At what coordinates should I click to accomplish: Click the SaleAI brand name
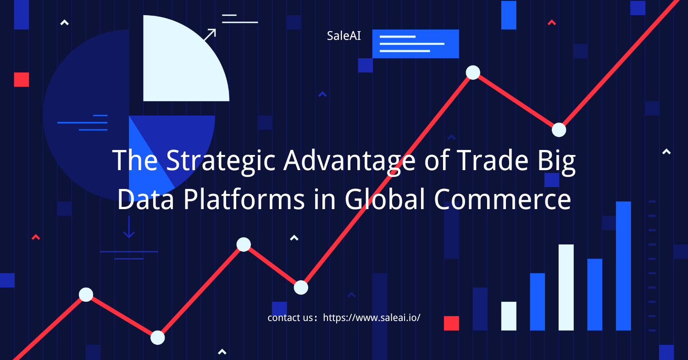click(344, 36)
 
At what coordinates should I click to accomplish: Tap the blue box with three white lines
click(416, 44)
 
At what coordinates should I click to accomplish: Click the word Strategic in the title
click(221, 161)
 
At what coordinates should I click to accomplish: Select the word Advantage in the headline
click(349, 161)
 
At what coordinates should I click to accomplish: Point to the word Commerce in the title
click(502, 199)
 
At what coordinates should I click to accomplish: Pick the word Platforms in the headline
click(244, 199)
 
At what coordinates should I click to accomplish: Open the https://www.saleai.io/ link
click(372, 318)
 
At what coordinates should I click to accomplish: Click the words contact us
click(290, 318)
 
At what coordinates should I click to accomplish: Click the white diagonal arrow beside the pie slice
click(210, 35)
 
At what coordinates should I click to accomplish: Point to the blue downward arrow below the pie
click(129, 227)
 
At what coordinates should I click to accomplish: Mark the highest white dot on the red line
click(473, 72)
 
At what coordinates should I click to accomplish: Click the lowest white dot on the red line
click(158, 338)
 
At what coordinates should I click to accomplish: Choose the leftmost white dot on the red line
click(86, 294)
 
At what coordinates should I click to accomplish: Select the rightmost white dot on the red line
click(559, 130)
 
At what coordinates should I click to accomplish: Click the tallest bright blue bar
click(623, 266)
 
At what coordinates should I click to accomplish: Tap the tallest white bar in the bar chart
click(566, 288)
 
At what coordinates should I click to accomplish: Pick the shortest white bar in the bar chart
click(509, 316)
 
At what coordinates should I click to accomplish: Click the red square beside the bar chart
click(451, 323)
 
